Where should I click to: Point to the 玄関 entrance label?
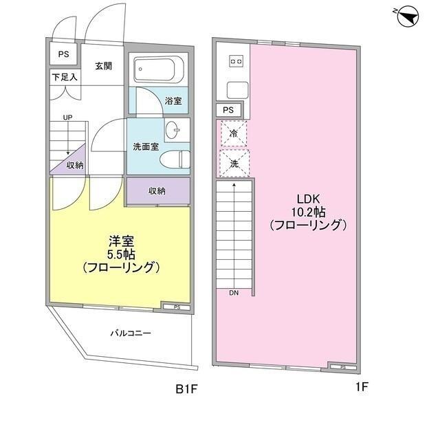(104, 66)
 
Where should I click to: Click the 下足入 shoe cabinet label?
(64, 77)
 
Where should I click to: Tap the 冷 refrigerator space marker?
(234, 133)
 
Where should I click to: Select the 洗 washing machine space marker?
(234, 164)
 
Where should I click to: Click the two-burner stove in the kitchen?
(236, 62)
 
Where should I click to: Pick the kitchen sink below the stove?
(236, 89)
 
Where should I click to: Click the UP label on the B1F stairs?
(67, 118)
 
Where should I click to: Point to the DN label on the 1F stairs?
(234, 293)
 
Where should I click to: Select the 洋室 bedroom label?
(121, 241)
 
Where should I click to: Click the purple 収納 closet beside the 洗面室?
(157, 191)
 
